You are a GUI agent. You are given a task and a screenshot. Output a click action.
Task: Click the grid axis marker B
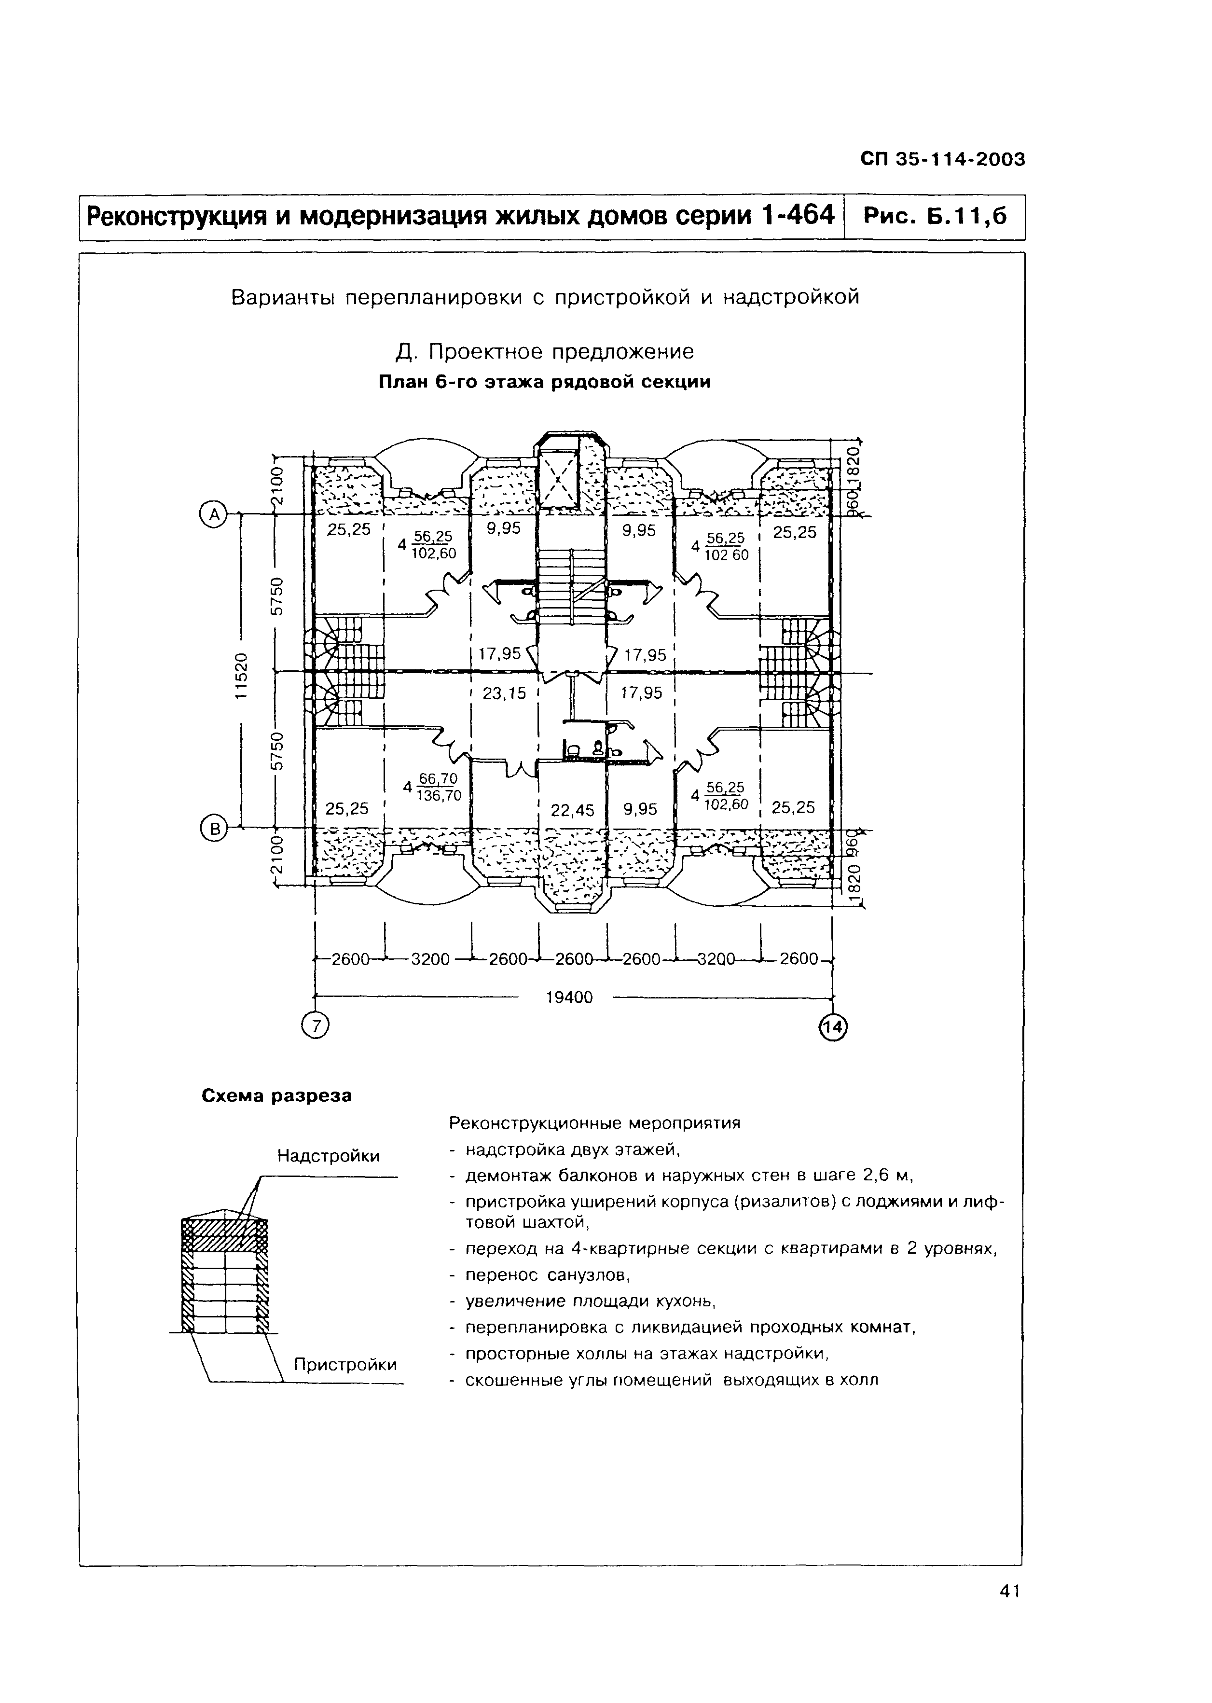(x=214, y=829)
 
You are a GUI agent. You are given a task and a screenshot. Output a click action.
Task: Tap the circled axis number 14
(x=833, y=1027)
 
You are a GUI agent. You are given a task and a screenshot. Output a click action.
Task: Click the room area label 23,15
(x=505, y=693)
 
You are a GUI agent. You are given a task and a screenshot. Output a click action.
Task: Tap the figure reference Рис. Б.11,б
(x=935, y=216)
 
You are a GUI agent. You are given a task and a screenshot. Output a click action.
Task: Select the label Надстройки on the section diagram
(x=329, y=1156)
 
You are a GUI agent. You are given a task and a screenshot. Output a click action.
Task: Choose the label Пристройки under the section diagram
(x=345, y=1365)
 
